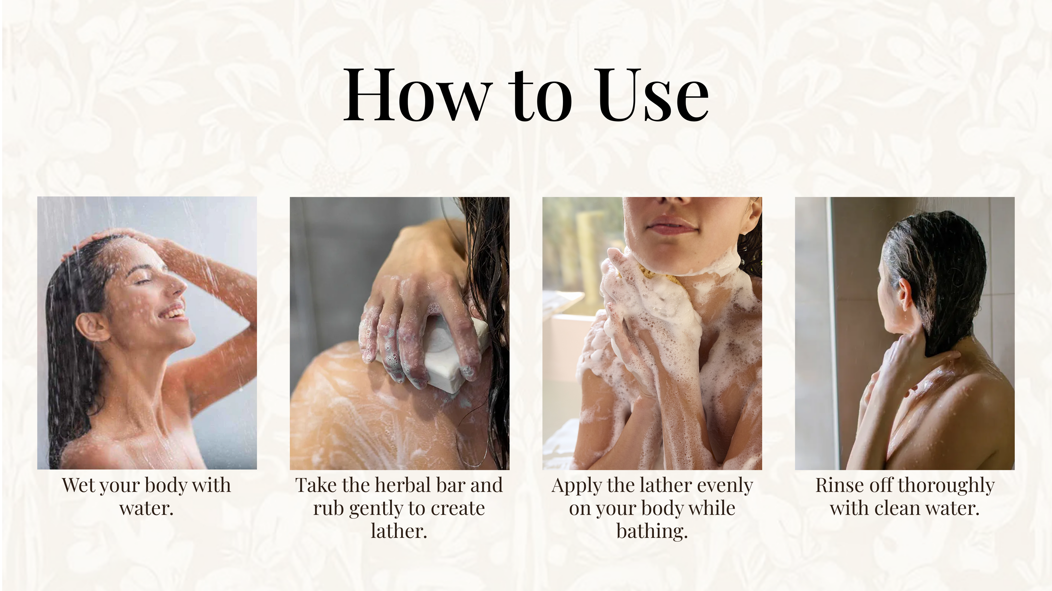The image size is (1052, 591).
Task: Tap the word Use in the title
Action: pyautogui.click(x=653, y=95)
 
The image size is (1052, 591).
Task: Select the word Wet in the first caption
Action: pyautogui.click(x=78, y=485)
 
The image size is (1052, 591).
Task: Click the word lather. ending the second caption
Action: pyautogui.click(x=399, y=531)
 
